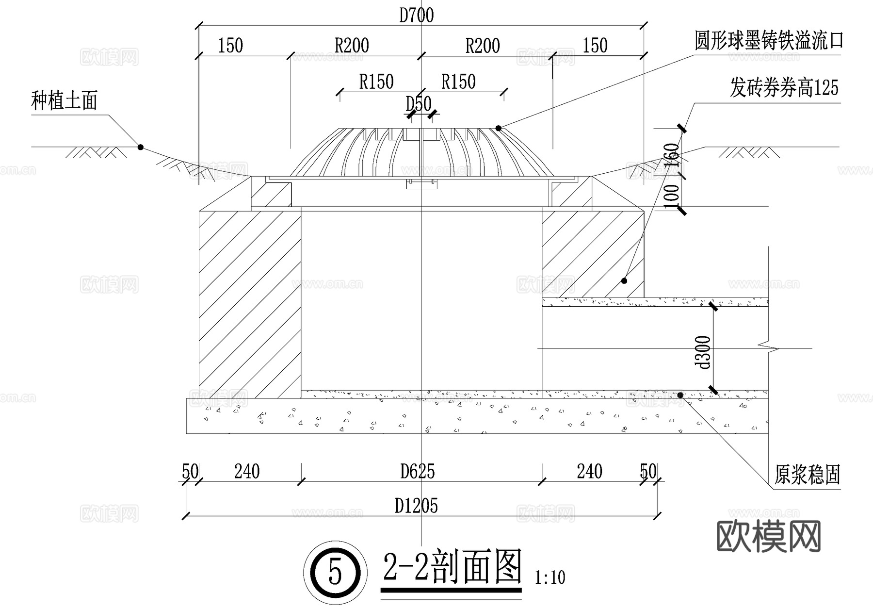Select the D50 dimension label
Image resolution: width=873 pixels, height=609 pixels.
pos(418,104)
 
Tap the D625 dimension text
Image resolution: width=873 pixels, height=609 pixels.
pos(417,471)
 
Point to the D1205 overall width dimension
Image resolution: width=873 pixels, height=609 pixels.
pos(416,506)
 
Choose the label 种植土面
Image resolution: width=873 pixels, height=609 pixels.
pos(65,101)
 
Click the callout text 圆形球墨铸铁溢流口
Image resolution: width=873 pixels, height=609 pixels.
pos(769,41)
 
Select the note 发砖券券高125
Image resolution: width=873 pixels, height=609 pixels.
pos(784,88)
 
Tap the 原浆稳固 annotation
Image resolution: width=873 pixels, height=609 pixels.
pos(807,475)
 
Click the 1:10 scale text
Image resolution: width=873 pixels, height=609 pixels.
pos(550,577)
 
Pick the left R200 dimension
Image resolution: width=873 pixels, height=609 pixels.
pos(352,46)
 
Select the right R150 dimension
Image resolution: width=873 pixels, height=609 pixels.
pos(458,82)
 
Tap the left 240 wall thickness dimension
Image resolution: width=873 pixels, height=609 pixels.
pos(247,471)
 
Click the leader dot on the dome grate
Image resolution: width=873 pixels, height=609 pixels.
pos(498,128)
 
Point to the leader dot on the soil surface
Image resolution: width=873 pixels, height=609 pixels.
pos(141,147)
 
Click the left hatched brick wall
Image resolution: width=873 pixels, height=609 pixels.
pos(250,301)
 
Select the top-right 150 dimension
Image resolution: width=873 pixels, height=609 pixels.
pos(595,46)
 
